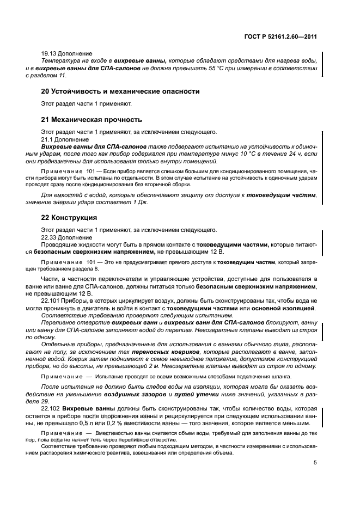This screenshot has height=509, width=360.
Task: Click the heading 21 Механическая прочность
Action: click(x=91, y=120)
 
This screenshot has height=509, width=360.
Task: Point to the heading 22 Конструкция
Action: click(x=69, y=218)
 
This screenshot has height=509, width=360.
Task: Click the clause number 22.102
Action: click(x=51, y=408)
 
